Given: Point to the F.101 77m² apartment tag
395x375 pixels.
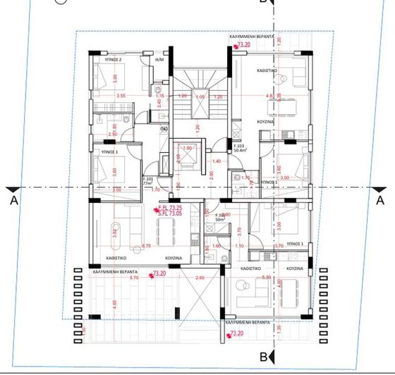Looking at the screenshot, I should pyautogui.click(x=149, y=180).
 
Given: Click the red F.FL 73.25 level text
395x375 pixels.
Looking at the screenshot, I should pyautogui.click(x=169, y=208).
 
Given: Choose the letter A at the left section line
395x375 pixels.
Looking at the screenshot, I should pyautogui.click(x=13, y=199).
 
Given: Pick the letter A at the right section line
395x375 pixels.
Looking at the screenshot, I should pyautogui.click(x=381, y=199).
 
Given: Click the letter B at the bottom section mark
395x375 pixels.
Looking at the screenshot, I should pyautogui.click(x=262, y=357).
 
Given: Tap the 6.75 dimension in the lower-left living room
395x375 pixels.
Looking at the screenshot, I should pyautogui.click(x=146, y=246).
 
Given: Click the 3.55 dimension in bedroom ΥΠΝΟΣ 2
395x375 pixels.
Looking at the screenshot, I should pyautogui.click(x=121, y=95).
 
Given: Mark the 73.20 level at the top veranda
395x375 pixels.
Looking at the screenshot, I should pyautogui.click(x=244, y=44).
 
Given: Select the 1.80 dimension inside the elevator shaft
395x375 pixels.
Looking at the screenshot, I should pyautogui.click(x=188, y=148).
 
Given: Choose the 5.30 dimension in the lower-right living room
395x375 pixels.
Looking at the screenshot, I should pyautogui.click(x=266, y=278).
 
